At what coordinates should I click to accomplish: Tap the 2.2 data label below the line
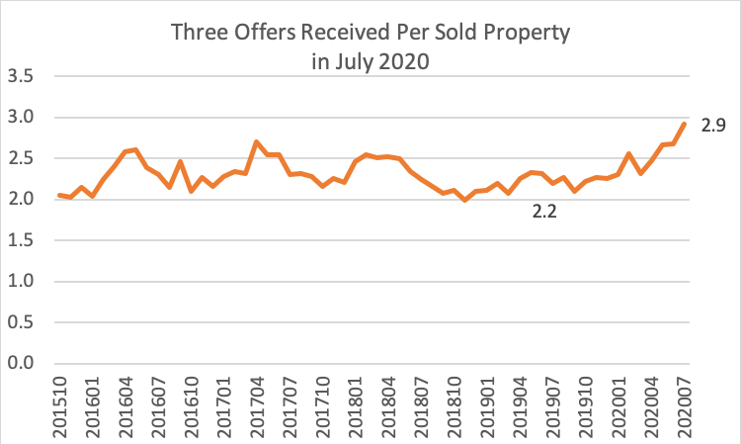point(545,211)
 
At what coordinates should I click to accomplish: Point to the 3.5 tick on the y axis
point(21,76)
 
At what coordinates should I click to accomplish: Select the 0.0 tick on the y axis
point(21,364)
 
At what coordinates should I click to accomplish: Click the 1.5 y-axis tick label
point(21,240)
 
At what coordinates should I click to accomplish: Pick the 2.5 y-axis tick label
point(21,158)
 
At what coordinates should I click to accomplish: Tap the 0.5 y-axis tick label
point(21,322)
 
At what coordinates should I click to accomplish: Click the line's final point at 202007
point(685,123)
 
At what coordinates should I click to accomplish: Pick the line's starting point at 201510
point(59,195)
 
